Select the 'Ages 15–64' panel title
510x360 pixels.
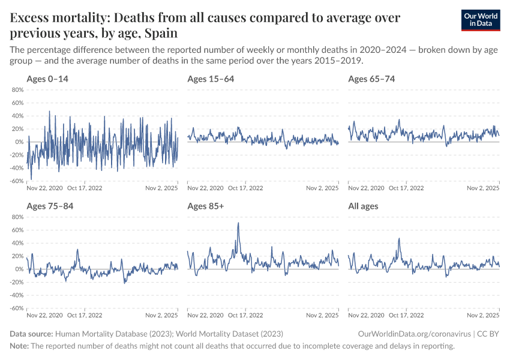tap(211, 79)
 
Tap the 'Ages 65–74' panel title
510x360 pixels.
tap(371, 79)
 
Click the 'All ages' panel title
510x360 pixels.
tap(364, 206)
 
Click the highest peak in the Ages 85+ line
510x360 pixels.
tap(238, 223)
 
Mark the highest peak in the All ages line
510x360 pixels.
tap(399, 239)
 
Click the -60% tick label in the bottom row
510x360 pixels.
tap(16, 308)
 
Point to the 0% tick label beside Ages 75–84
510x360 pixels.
tap(19, 269)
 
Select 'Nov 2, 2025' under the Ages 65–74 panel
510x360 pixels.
tap(483, 188)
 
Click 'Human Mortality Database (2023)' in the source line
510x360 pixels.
tap(108, 334)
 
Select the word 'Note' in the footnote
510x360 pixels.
tap(19, 346)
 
